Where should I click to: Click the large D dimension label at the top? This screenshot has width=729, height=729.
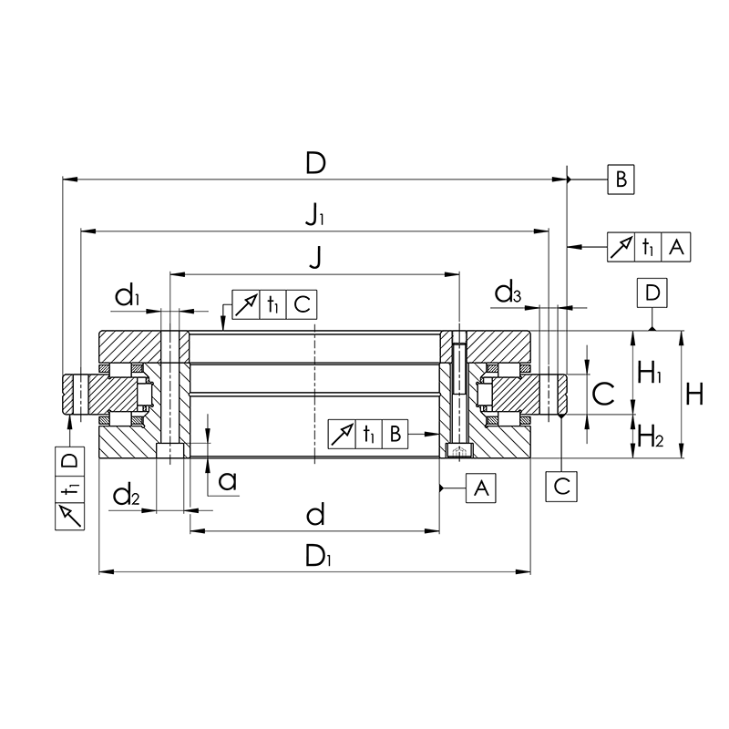tap(315, 163)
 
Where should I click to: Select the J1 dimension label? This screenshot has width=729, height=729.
tap(314, 215)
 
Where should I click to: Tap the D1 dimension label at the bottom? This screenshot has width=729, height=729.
tap(318, 556)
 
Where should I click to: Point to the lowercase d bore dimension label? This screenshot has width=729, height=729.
tap(315, 515)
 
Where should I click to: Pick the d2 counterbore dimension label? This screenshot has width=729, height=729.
tap(126, 494)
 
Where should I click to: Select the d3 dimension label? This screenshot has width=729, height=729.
tap(508, 293)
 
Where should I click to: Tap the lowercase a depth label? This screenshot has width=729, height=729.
tap(228, 481)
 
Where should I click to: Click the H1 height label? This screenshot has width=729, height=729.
tap(649, 373)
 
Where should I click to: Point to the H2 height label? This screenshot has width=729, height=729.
tap(650, 436)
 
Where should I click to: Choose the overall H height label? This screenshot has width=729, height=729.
tap(694, 395)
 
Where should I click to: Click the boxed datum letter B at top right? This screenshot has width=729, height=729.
tap(621, 179)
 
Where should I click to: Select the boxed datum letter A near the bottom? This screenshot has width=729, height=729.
tap(481, 488)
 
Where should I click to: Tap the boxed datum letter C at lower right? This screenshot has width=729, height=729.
tap(561, 487)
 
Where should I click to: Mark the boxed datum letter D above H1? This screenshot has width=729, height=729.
tap(652, 293)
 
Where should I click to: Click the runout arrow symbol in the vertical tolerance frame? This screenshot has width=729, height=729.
tap(70, 516)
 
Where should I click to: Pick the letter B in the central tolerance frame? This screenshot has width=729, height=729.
tap(395, 435)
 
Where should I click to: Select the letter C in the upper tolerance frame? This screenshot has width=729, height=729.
tap(302, 304)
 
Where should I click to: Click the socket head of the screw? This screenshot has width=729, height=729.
tap(459, 450)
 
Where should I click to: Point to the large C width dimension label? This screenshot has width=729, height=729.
tap(603, 394)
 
